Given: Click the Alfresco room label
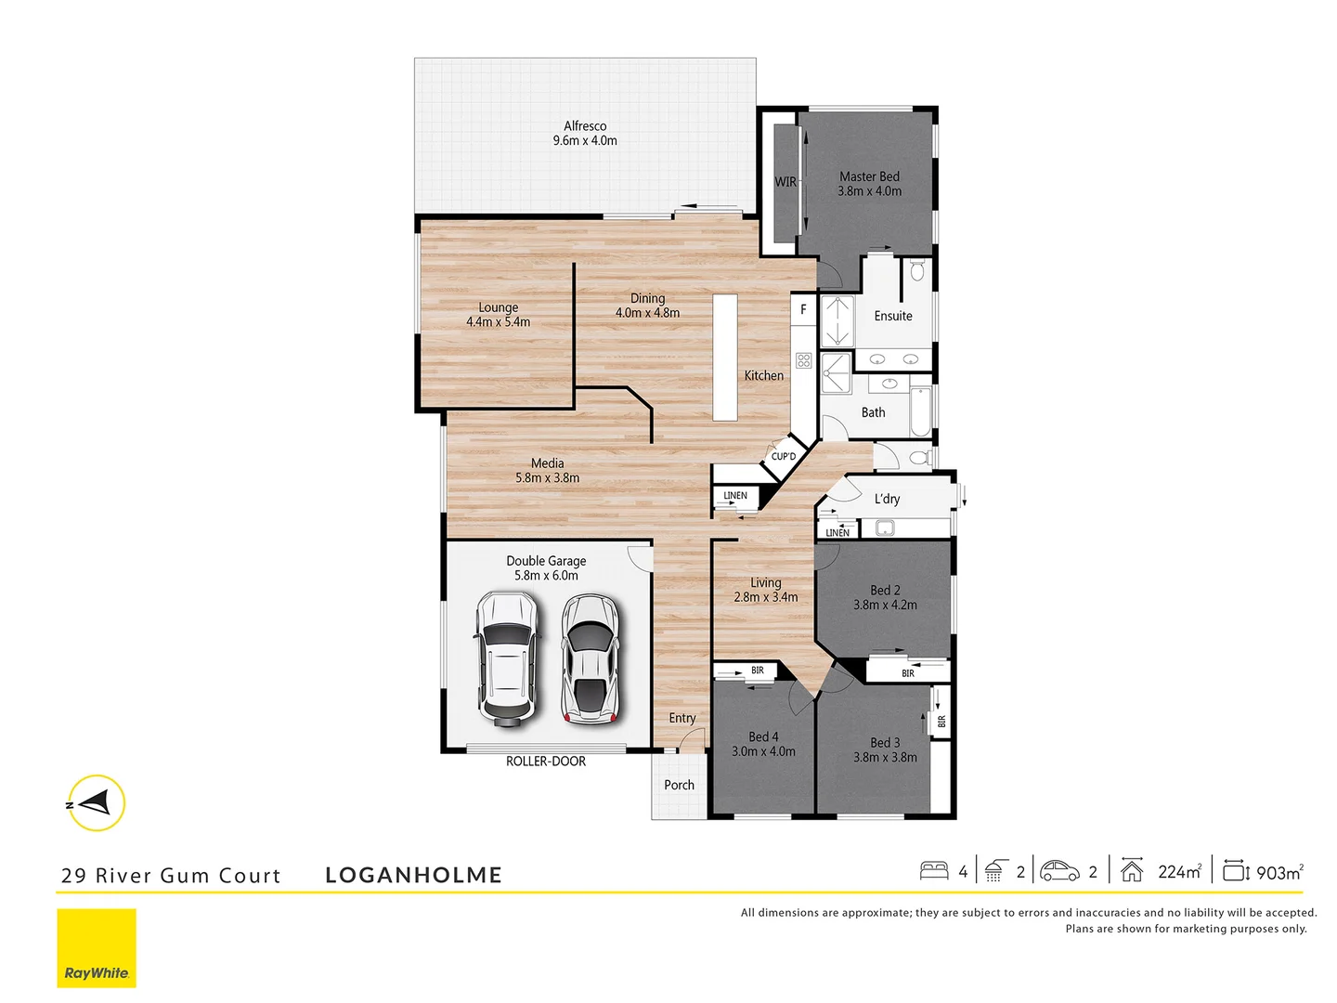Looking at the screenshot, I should (585, 133).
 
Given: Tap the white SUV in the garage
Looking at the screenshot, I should (506, 658).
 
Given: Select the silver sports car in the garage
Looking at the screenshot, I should (591, 658).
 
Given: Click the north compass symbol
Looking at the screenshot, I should (96, 802).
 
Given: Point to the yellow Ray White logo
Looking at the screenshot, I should (97, 947).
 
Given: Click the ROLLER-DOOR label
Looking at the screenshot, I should (546, 762).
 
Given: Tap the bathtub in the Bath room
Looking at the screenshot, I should (920, 411).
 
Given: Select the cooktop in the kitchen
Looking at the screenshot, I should (804, 360).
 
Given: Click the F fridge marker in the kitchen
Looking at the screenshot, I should (804, 309).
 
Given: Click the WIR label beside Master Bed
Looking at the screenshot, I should (785, 182).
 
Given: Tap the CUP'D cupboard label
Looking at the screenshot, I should (784, 456).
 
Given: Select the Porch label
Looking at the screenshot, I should (679, 785).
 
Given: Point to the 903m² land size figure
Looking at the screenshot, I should (1279, 872).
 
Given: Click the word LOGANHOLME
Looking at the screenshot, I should (413, 875).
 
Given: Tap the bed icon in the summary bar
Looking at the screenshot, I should (934, 870).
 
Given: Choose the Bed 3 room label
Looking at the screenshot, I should (885, 749).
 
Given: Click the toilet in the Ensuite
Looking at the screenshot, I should (917, 271).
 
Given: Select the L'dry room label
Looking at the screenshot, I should (887, 499).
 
